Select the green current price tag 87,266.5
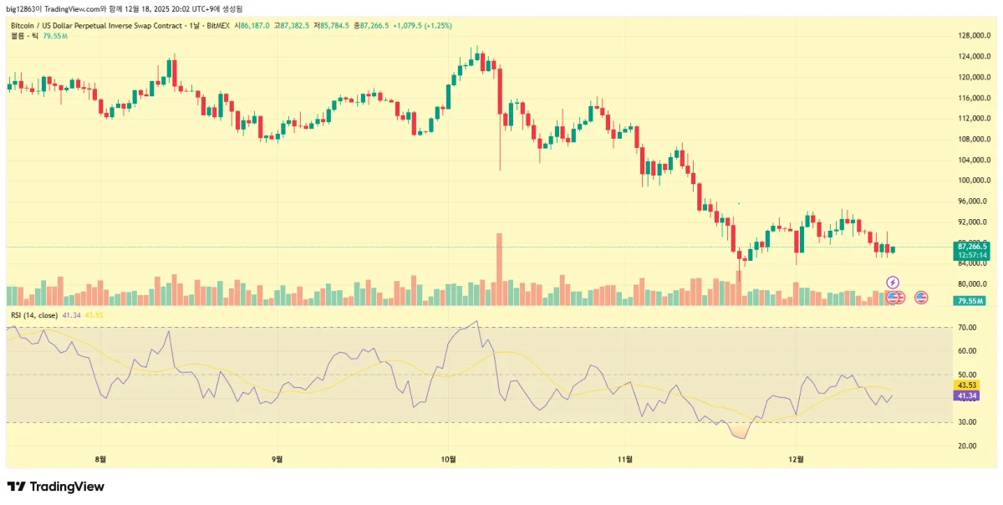(971, 247)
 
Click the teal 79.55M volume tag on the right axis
(970, 300)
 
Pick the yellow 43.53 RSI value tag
(965, 385)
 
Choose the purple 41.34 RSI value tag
(965, 395)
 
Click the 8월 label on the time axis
(102, 459)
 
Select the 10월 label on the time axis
(449, 459)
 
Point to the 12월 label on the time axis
(797, 459)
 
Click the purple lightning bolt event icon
(893, 283)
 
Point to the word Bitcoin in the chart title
(22, 26)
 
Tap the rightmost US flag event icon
(922, 297)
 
